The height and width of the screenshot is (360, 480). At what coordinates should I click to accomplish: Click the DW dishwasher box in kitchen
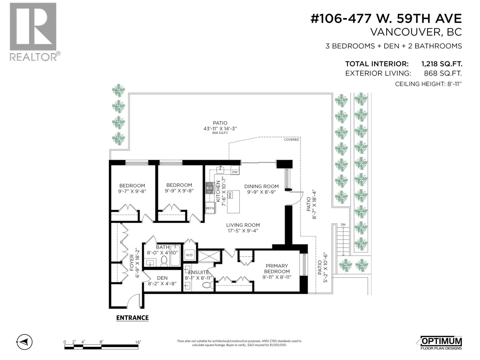coord(235,172)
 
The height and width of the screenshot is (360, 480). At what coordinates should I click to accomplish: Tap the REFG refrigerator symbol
coord(210,208)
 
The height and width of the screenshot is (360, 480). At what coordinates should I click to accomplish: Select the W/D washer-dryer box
coord(189,255)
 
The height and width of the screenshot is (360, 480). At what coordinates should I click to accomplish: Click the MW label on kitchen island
coord(231,195)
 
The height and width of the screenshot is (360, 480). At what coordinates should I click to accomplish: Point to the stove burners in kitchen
coord(209,188)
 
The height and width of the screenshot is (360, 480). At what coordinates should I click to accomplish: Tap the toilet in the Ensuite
coord(207,284)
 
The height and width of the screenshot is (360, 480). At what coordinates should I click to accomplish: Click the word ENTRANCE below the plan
coord(132,318)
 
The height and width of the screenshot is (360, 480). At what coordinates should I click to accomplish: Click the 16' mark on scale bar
coord(138,342)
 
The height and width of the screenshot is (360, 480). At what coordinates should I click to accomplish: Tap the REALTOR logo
coord(33,31)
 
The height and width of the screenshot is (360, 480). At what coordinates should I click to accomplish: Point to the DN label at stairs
coord(343,224)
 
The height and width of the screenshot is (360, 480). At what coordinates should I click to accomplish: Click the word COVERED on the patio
coord(291,139)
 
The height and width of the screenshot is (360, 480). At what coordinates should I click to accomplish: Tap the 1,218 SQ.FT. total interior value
coord(442,64)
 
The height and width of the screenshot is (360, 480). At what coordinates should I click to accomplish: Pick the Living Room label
coord(243,225)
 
